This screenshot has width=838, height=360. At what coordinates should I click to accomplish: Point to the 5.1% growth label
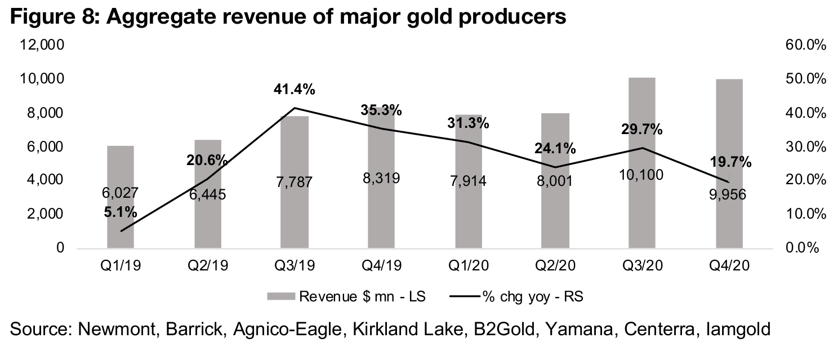tap(121, 213)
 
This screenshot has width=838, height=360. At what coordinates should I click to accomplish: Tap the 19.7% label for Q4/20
tap(729, 163)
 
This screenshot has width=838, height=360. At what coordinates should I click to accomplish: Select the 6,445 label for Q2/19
tap(208, 195)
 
